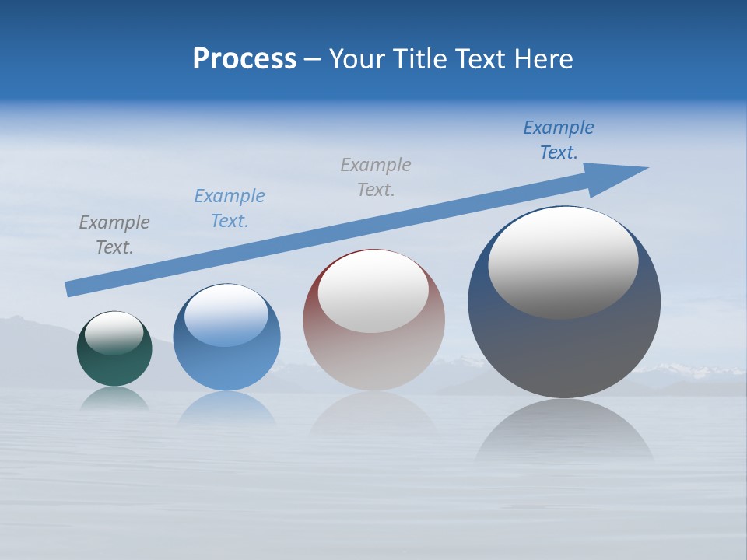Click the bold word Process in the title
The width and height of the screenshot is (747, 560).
(x=244, y=59)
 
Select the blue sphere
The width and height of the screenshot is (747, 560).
(x=226, y=366)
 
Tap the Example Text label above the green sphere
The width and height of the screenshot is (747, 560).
(x=114, y=234)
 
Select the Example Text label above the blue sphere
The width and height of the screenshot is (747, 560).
(x=230, y=208)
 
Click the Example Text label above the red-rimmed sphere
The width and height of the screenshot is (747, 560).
(x=376, y=177)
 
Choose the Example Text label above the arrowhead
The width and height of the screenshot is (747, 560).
(x=559, y=139)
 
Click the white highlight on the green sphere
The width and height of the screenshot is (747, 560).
(x=114, y=332)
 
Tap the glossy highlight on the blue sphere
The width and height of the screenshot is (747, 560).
(x=226, y=315)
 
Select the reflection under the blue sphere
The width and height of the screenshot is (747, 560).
(x=226, y=408)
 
